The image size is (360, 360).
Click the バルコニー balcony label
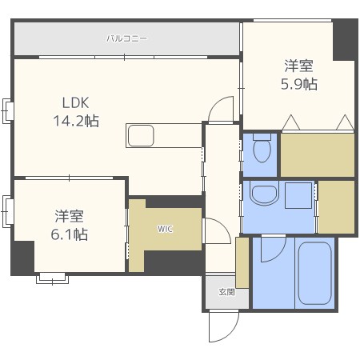coord(126,38)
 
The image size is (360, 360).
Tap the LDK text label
coord(75,103)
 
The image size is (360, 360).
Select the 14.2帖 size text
coord(76,121)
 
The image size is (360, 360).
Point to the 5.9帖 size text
coord(299,84)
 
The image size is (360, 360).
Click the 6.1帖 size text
coord(70,234)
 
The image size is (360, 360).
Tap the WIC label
coord(165,229)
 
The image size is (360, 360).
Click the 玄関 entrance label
coord(226,292)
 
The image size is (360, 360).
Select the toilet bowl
coord(262,148)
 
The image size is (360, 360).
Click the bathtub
coord(314,273)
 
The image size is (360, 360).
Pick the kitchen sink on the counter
coord(141,135)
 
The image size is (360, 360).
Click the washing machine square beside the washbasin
coord(298,195)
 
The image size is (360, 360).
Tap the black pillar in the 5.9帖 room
coord(345,40)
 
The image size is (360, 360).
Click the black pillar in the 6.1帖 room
coord(22,258)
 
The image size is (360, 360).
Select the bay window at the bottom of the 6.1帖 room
coord(52,278)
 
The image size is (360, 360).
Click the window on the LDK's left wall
coord(7,111)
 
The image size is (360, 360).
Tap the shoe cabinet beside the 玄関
coord(242,262)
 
